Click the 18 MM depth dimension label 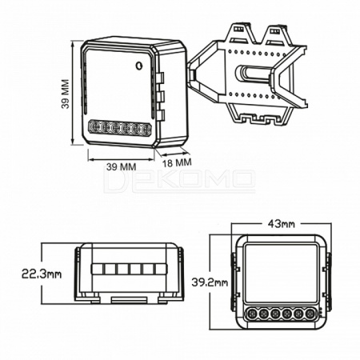click(177, 162)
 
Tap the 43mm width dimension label click(282, 224)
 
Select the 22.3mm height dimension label click(42, 274)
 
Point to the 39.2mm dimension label click(210, 282)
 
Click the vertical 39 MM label click(66, 94)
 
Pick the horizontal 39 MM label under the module click(122, 167)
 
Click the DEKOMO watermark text click(179, 182)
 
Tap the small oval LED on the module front click(138, 66)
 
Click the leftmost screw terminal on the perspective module click(94, 127)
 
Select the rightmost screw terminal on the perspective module click(146, 130)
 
